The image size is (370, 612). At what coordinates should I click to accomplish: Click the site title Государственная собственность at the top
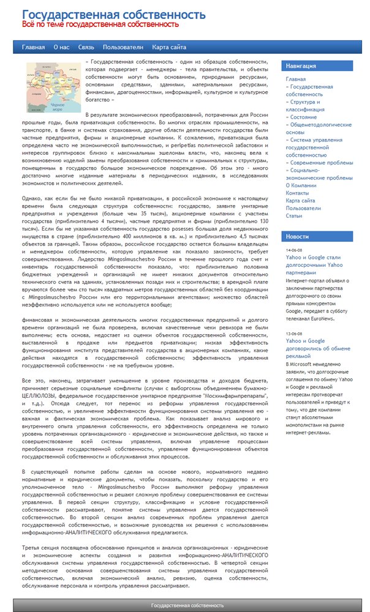point(113,14)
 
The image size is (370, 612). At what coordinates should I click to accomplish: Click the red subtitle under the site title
point(100,25)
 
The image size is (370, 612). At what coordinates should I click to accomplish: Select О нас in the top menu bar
point(61,47)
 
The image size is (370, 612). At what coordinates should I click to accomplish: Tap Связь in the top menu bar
point(86,47)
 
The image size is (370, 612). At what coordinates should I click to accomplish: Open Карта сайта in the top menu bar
point(169,47)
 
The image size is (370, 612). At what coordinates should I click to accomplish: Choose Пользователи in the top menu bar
point(123,47)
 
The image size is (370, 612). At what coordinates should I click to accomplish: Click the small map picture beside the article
point(54,87)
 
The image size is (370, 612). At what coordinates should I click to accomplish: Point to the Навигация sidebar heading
point(301,66)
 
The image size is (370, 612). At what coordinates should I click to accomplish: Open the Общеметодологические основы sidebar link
point(311,128)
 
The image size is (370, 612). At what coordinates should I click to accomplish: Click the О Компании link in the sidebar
point(301,185)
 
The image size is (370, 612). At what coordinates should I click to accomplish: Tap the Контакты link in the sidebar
point(297,193)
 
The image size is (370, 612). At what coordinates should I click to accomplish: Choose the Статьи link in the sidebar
point(294,216)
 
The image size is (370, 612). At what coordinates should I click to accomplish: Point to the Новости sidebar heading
point(298,236)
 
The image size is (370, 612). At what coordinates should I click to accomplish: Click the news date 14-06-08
point(293,251)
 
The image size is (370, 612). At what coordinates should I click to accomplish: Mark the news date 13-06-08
point(293,334)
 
